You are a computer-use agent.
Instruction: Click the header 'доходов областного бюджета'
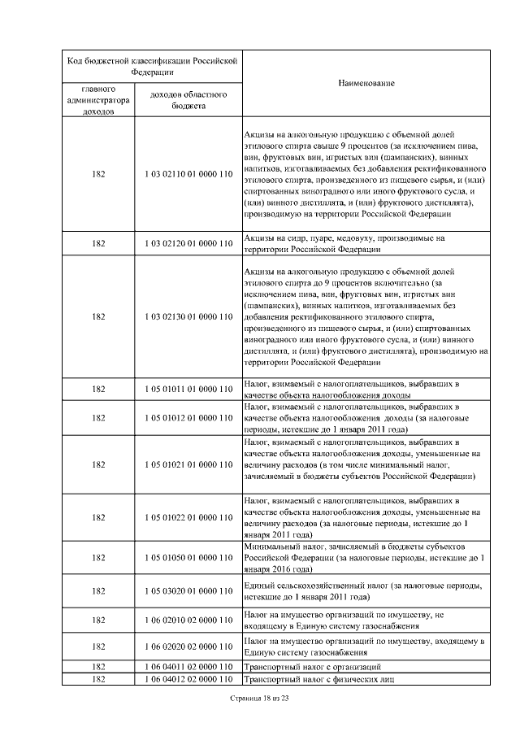188,99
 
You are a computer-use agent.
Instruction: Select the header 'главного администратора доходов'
98,100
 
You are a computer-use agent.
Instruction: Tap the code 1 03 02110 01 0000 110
188,174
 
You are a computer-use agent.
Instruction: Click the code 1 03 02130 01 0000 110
188,316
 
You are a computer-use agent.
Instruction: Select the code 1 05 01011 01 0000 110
188,389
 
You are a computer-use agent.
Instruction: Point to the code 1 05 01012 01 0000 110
188,417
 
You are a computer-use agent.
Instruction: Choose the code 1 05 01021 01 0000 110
188,464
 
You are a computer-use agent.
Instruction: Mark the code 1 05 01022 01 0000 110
188,517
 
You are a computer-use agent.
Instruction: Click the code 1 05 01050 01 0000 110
188,558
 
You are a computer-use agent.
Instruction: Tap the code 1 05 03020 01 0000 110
188,591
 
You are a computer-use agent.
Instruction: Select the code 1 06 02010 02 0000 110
188,620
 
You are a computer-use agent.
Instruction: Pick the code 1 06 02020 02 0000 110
188,647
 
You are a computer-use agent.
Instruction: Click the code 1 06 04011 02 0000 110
188,666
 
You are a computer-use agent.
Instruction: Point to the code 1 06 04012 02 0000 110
188,678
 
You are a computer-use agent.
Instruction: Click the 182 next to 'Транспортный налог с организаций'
98,666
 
